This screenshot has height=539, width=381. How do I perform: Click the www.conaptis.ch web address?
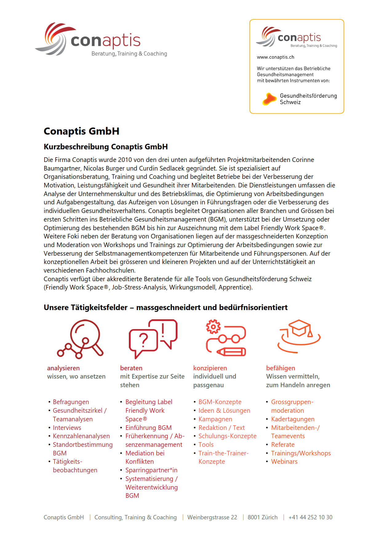coord(276,57)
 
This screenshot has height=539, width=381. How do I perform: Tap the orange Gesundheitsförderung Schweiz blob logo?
coord(269,99)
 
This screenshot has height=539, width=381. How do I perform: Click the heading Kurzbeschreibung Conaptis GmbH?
coord(105,147)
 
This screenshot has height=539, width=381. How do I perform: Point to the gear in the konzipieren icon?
coord(213,327)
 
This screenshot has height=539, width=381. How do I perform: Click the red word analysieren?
coord(63,368)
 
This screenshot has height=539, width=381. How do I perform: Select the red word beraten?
coord(131,368)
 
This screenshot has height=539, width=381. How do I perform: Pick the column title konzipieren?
coord(210,368)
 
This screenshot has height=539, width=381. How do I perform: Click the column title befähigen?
coord(280,368)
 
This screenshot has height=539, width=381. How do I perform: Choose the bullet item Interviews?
coord(67,428)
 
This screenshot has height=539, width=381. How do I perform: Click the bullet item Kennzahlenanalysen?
coord(81,436)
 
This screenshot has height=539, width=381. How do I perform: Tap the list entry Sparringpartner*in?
coord(151,470)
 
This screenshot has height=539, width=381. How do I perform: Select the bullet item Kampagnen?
coord(215,419)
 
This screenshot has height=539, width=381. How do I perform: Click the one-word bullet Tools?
coord(206,445)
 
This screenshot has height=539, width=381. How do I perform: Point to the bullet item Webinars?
coord(284,462)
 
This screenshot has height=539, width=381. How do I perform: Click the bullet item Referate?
coord(283,445)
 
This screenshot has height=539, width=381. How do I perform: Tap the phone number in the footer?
coord(310,517)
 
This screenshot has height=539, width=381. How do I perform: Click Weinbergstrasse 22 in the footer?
coord(212,517)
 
